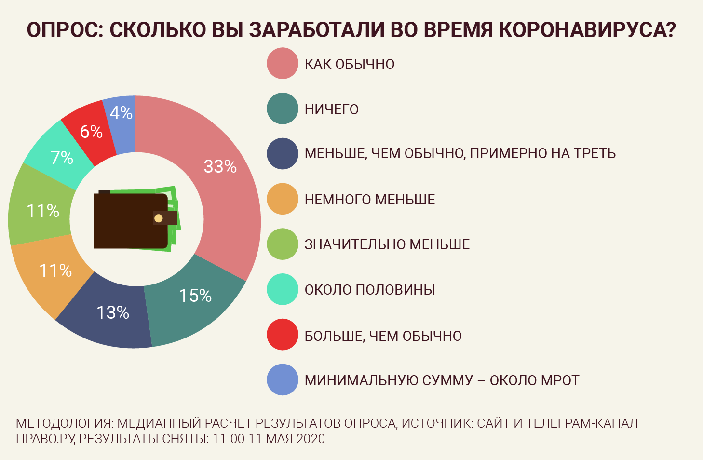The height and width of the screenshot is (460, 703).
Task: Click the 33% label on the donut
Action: point(220,166)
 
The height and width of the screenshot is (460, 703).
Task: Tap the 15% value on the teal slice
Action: point(195,296)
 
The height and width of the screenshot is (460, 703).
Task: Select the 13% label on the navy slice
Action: point(113,312)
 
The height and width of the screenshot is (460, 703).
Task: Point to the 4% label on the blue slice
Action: point(121,113)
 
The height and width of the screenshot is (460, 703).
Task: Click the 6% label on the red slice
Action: point(91,131)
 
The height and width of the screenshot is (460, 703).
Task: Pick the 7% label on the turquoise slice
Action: point(62,157)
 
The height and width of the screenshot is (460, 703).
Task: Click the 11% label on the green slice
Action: point(43,211)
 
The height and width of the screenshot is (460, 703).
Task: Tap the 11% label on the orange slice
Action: point(55,271)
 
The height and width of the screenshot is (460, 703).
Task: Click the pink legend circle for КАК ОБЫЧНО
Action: point(283,63)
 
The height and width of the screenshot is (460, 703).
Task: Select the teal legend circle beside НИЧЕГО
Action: point(283,108)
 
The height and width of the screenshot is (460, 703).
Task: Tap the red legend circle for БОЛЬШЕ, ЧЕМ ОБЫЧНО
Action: point(283,335)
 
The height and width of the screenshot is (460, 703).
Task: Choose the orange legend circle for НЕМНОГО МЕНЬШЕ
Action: point(283,199)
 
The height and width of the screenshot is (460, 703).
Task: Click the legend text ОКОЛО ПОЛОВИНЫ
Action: point(370,290)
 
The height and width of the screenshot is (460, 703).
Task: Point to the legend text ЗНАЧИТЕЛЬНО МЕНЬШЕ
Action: point(387,244)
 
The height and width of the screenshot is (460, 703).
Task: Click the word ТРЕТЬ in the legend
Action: point(595,153)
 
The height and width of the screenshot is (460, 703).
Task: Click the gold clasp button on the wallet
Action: point(159,218)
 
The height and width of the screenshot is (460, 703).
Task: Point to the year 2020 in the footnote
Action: point(311,439)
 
